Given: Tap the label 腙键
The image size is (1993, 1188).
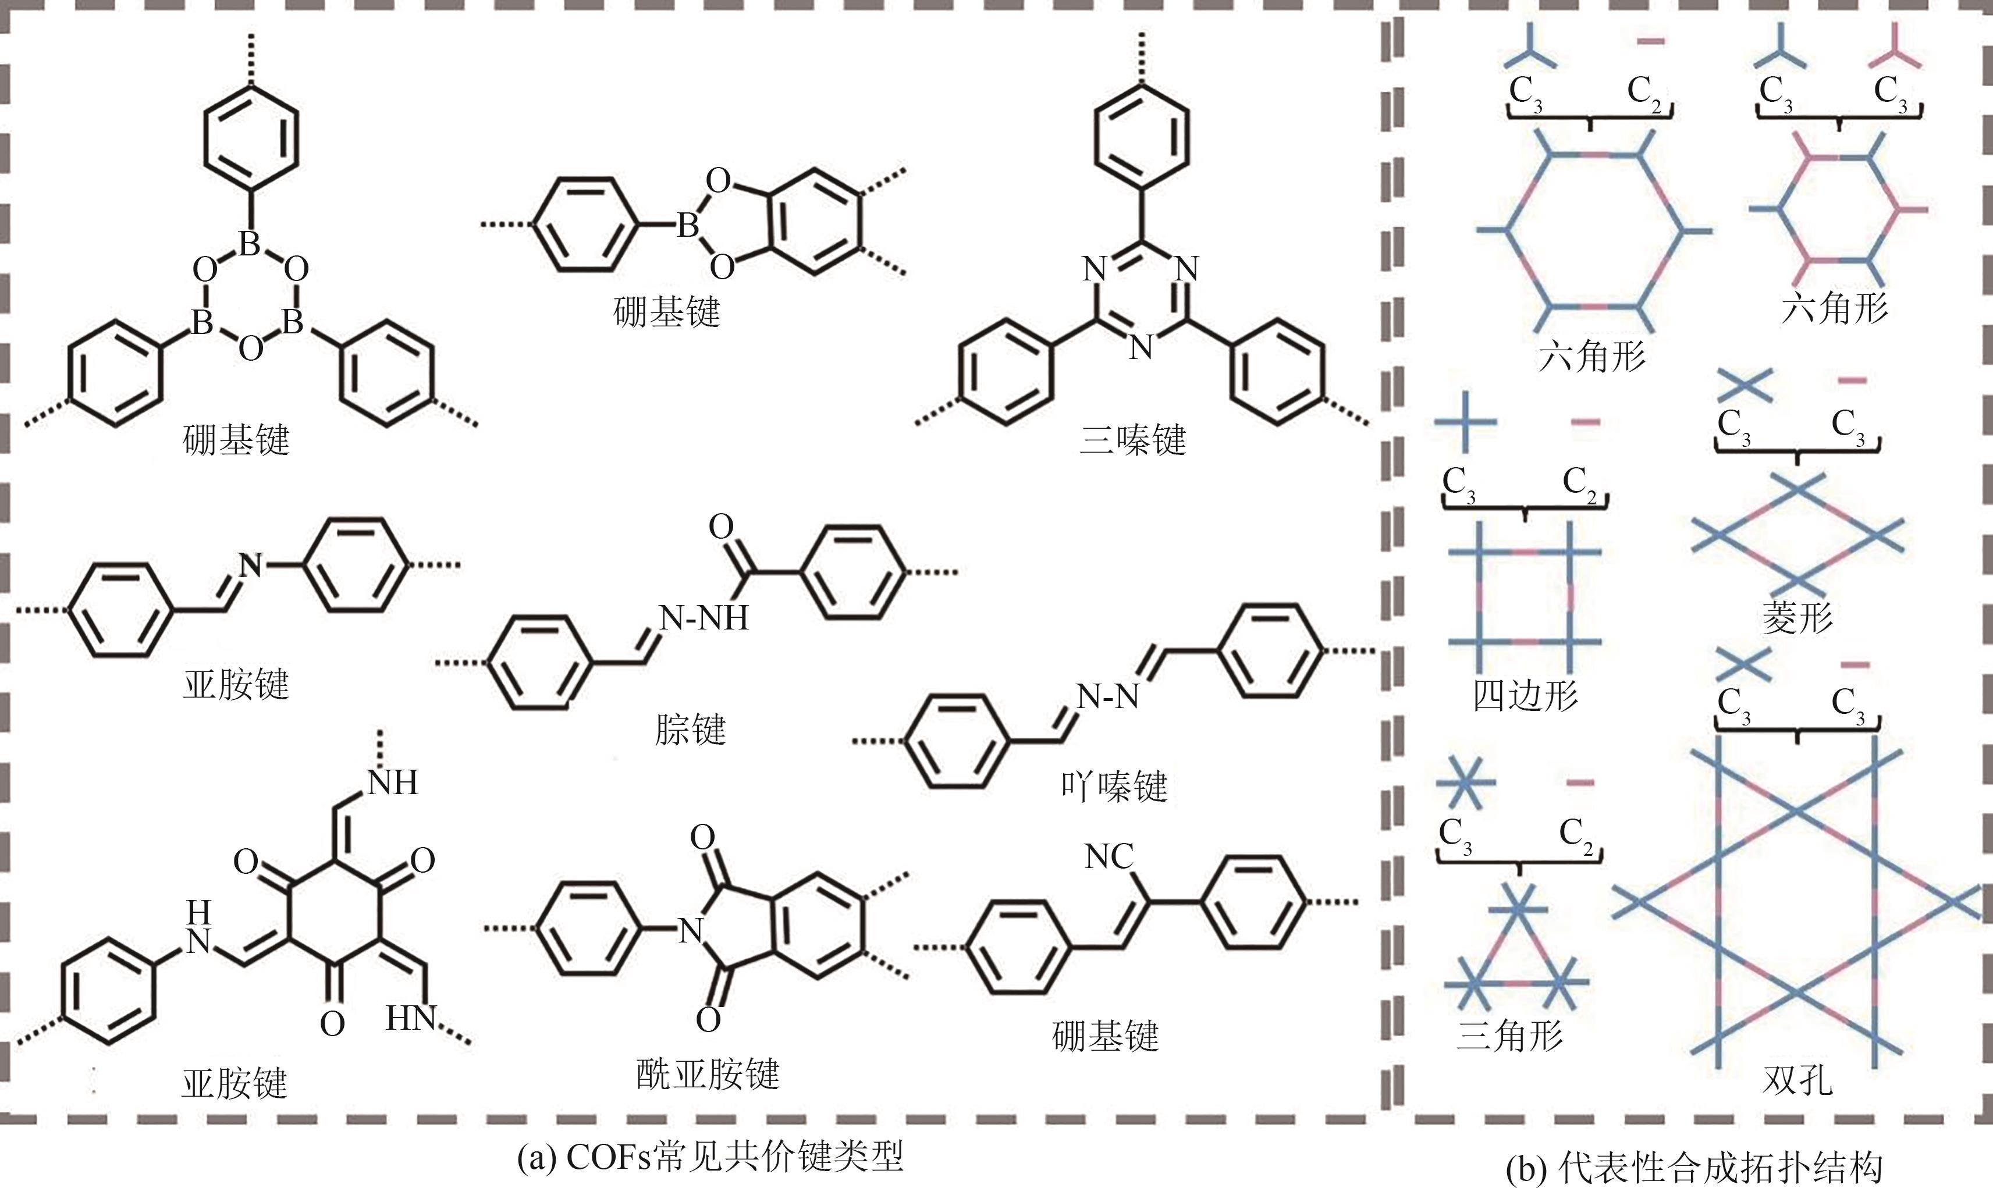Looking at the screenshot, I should (x=690, y=730).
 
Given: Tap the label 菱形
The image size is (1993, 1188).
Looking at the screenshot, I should (x=1797, y=617).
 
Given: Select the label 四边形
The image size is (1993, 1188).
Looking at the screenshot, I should (x=1525, y=695).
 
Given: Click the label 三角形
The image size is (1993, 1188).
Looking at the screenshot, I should (x=1509, y=1035).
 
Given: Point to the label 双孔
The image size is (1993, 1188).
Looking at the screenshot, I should (x=1797, y=1081).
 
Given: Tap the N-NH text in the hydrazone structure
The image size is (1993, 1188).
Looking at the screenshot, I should (x=704, y=618).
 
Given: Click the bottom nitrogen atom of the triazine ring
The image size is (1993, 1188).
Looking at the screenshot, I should (x=1141, y=347).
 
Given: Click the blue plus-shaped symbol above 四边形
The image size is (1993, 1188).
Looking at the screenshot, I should (x=1465, y=421).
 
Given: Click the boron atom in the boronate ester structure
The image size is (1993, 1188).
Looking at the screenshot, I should (x=687, y=226).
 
